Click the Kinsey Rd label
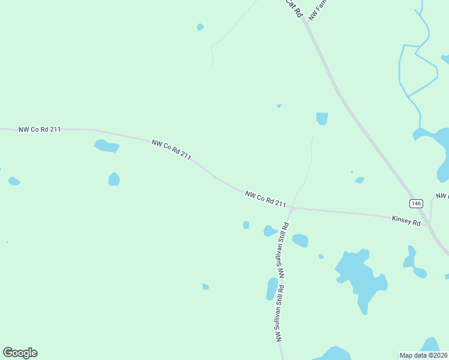pyautogui.click(x=406, y=221)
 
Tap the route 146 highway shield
pyautogui.click(x=417, y=203)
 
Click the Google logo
pyautogui.click(x=20, y=353)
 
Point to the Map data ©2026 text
pyautogui.click(x=423, y=355)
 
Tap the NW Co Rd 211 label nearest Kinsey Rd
pyautogui.click(x=265, y=199)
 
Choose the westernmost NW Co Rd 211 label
pyautogui.click(x=40, y=129)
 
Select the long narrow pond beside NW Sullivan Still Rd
pyautogui.click(x=272, y=289)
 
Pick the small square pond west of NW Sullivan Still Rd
pyautogui.click(x=246, y=225)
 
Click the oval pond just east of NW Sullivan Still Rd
pyautogui.click(x=300, y=241)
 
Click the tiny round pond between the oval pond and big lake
pyautogui.click(x=321, y=256)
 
